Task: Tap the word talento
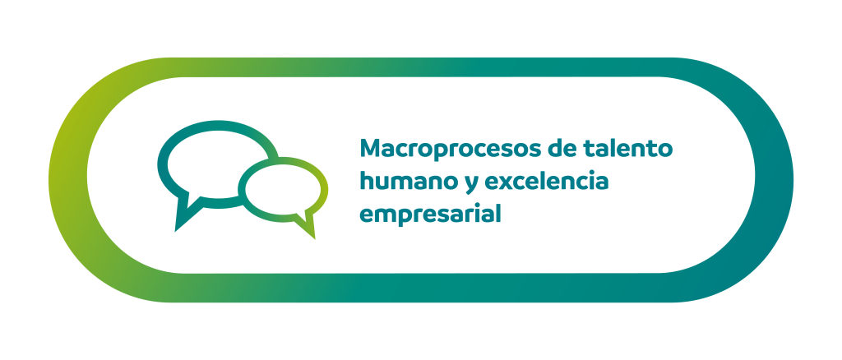[627, 148]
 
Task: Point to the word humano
[409, 181]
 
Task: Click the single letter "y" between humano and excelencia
[472, 184]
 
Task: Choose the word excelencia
[547, 181]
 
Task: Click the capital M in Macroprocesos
[371, 148]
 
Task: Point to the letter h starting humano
[367, 181]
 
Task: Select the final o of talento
[665, 150]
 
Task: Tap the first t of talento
[586, 149]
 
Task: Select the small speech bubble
[283, 187]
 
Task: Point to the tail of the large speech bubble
[184, 215]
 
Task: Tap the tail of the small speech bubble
[306, 225]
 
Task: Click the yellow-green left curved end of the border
[69, 180]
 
